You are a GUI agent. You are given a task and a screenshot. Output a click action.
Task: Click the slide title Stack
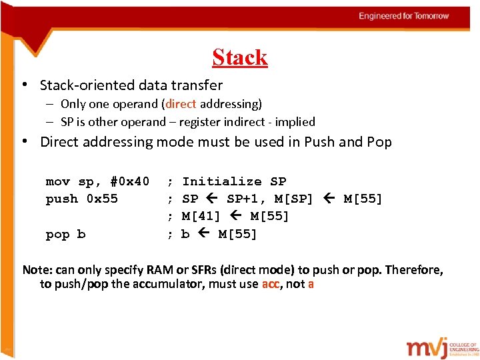click(x=240, y=57)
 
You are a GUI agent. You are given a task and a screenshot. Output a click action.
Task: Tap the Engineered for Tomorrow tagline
click(x=404, y=16)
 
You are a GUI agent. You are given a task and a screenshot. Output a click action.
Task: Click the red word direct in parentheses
click(x=180, y=104)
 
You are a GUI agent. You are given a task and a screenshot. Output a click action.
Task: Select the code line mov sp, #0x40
click(x=97, y=181)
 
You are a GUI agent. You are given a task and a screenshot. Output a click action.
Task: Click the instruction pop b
click(x=65, y=234)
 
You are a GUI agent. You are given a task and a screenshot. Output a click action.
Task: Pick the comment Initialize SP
click(x=234, y=181)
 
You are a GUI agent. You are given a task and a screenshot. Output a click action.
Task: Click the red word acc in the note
click(x=270, y=284)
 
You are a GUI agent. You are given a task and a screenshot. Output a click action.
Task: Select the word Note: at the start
click(x=37, y=270)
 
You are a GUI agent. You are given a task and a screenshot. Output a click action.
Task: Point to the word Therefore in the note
click(x=414, y=270)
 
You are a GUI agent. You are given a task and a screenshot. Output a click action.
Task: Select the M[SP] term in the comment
click(x=294, y=199)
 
